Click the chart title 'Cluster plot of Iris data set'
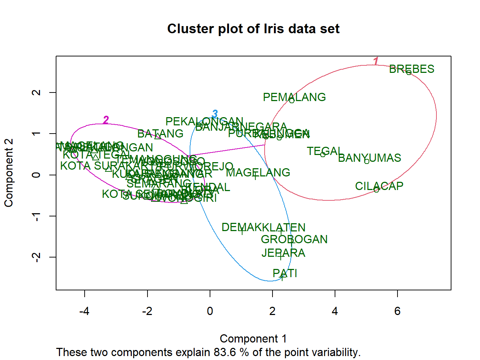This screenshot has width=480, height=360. pos(253,29)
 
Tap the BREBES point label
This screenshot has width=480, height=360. pos(411,69)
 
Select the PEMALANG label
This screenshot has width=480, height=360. pos(294,97)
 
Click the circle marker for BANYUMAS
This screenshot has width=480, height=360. pos(367,161)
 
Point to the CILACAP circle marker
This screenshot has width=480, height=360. pos(376,190)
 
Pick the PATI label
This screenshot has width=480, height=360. pos(285,273)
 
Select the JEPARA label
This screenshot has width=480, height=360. pos(283,253)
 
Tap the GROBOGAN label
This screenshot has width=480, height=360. pos(294,239)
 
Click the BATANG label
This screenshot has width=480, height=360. pos(160,134)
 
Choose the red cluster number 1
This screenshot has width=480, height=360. pos(375,61)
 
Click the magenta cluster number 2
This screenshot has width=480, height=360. pos(106,120)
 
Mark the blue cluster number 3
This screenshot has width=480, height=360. pos(215,114)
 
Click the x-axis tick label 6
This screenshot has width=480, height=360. pos(397,311)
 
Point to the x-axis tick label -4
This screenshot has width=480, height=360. pos(84,311)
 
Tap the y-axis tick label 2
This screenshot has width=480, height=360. pos(36,92)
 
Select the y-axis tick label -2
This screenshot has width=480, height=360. pos(36,257)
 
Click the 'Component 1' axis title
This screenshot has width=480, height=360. pos(253,339)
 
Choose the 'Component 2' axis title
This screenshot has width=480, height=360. pos(9,173)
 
